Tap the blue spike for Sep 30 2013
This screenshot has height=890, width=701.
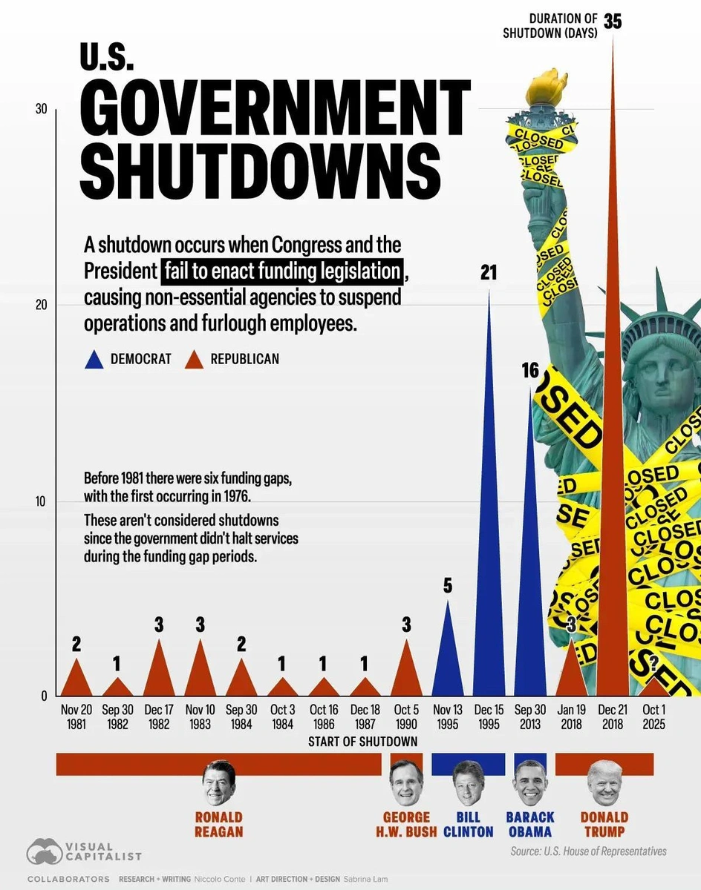click(530, 593)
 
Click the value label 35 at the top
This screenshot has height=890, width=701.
click(613, 21)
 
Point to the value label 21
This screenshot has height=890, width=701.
click(488, 273)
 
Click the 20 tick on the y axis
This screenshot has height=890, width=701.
click(40, 305)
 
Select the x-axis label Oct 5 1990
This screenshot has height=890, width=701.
click(405, 716)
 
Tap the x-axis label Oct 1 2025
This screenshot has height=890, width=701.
click(653, 716)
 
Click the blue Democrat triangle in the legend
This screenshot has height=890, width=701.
click(94, 360)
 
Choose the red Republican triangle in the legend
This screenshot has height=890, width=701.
click(194, 360)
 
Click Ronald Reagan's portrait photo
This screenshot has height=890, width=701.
click(219, 782)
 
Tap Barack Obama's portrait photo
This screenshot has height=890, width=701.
click(529, 782)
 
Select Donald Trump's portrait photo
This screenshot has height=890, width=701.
click(604, 782)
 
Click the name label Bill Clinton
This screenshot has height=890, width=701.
click(469, 824)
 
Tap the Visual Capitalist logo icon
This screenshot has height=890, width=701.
click(44, 852)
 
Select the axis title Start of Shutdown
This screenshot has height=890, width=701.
click(362, 742)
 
